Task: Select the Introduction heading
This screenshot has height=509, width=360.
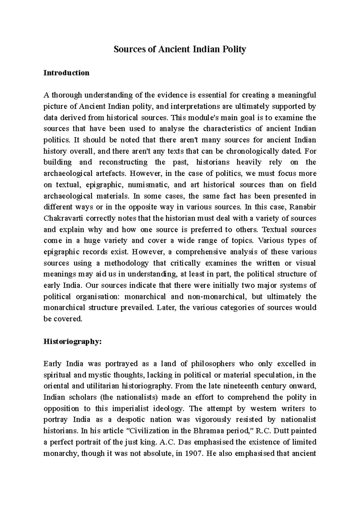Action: pos(66,73)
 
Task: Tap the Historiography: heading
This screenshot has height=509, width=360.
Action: pos(73,342)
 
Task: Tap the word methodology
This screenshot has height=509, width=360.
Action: pos(126,263)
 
